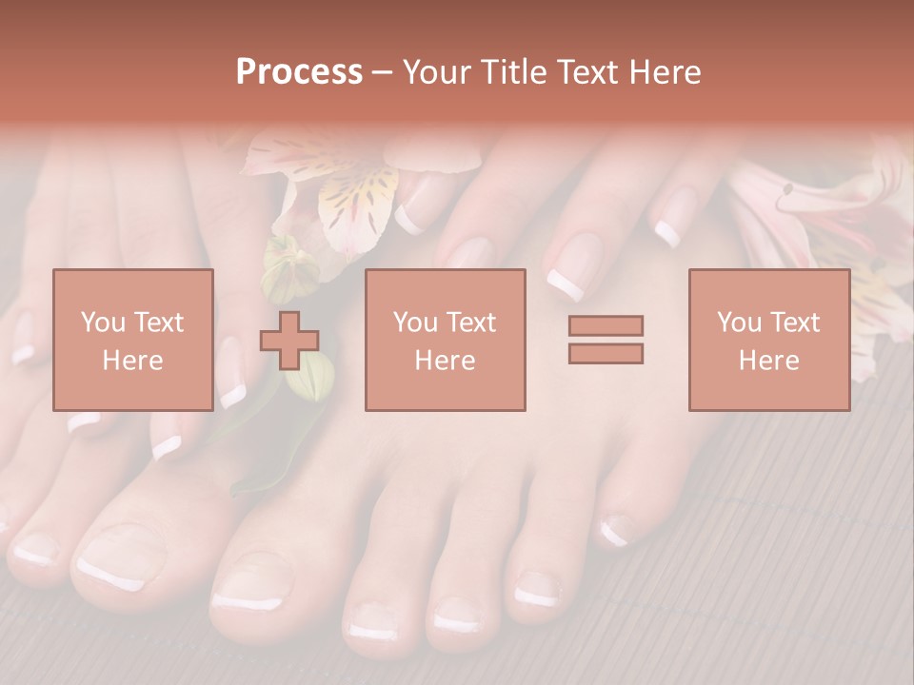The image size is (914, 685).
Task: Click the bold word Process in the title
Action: click(x=299, y=71)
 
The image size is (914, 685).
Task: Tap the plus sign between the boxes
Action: click(x=289, y=340)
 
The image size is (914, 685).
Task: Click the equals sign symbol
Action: click(x=606, y=340)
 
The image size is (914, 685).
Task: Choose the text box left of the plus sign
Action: click(x=132, y=340)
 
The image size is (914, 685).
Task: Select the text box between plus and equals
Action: click(x=445, y=340)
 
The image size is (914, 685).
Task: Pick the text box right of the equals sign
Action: click(x=768, y=340)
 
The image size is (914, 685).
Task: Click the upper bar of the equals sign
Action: click(x=606, y=325)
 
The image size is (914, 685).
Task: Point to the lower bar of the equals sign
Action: click(x=606, y=354)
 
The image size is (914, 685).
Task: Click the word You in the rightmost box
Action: click(x=739, y=323)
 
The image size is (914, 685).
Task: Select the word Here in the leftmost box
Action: click(x=132, y=361)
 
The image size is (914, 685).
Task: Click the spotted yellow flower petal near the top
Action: click(x=358, y=200)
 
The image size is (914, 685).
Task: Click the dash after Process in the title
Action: click(x=382, y=72)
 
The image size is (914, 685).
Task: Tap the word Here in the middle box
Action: click(x=445, y=361)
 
